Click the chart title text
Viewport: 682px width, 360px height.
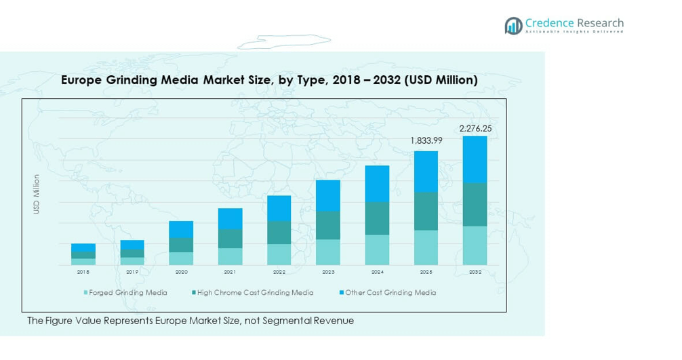[x=269, y=80]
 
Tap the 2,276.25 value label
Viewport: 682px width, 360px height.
[x=475, y=128]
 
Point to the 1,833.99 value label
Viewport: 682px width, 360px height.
[x=426, y=141]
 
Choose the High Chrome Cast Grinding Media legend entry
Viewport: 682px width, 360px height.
[x=255, y=293]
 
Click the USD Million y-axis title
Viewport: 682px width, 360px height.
[x=37, y=195]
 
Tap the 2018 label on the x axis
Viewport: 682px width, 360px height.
[x=83, y=272]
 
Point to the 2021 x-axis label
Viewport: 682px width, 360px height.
[x=230, y=272]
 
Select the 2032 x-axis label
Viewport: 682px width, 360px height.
[x=475, y=272]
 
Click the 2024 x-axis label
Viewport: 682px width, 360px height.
[x=377, y=272]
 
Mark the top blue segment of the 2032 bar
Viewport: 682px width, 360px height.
[x=475, y=159]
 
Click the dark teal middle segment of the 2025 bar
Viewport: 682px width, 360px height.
[x=426, y=211]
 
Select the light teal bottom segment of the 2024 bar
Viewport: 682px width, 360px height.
[x=377, y=249]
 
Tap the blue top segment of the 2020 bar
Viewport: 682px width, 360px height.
[x=181, y=229]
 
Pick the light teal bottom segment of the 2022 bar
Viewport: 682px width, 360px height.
[x=279, y=254]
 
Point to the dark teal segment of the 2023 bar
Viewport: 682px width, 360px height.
[x=328, y=225]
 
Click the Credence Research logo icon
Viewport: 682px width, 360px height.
[x=513, y=26]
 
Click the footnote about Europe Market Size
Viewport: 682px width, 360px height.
[x=190, y=321]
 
